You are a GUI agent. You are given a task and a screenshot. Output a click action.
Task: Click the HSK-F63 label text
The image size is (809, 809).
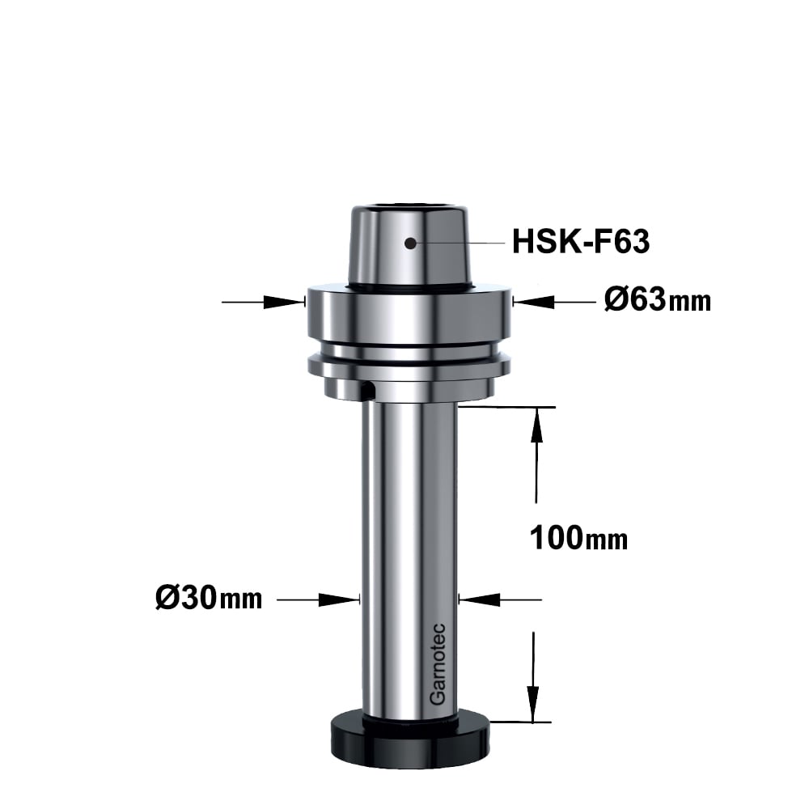[580, 241]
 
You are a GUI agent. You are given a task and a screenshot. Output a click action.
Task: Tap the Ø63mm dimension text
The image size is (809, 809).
[657, 300]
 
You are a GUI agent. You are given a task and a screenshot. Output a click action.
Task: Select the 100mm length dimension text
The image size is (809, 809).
[578, 538]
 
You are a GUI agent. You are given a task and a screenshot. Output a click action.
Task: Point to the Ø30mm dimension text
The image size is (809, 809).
[209, 599]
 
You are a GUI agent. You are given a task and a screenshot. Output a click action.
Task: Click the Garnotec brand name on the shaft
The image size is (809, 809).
[438, 664]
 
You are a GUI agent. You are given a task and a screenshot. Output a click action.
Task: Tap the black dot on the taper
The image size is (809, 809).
[410, 243]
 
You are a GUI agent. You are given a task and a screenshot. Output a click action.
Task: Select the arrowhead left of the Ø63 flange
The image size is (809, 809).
[282, 302]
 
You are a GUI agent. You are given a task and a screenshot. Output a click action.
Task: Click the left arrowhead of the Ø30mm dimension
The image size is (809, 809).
[338, 599]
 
